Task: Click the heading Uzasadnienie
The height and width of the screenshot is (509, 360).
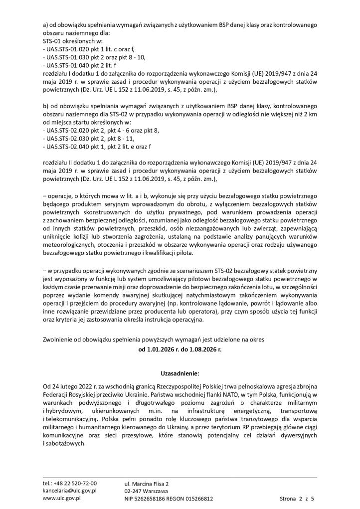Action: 180,372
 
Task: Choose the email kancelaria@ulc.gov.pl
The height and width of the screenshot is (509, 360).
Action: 69,491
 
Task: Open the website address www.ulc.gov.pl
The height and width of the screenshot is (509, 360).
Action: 62,498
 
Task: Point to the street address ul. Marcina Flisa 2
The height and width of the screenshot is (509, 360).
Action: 147,484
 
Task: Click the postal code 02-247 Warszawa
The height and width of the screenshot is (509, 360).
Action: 146,491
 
